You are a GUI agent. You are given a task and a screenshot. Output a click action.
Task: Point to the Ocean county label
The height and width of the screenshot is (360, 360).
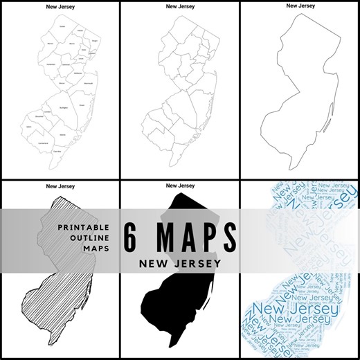click(x=82, y=105)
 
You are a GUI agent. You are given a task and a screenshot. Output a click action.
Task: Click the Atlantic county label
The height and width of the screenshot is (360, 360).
click(x=63, y=134)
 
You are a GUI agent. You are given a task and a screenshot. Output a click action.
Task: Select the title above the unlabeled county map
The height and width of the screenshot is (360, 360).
click(x=180, y=6)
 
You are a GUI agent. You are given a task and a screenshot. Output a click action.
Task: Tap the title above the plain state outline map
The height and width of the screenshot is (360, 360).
click(x=300, y=6)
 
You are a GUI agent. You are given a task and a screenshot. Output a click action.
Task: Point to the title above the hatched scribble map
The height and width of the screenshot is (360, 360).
click(x=60, y=186)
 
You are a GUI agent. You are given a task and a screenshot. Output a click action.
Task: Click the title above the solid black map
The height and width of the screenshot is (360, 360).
click(x=180, y=186)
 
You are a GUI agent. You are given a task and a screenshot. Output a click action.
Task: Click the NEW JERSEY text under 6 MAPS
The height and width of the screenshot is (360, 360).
click(x=180, y=264)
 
